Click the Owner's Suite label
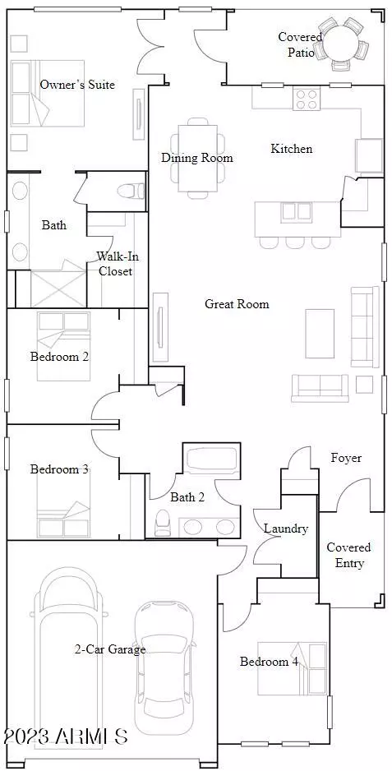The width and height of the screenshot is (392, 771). (77, 85)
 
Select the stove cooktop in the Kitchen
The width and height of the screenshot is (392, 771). (307, 99)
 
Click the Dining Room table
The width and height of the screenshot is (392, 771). (197, 158)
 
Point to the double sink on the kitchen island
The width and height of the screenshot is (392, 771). (297, 212)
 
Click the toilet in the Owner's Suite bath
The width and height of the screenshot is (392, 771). (131, 191)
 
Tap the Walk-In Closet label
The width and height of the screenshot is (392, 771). (115, 263)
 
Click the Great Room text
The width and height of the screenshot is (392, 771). (237, 304)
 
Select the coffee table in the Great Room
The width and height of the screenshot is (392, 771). (320, 334)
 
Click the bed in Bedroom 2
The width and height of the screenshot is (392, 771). (64, 347)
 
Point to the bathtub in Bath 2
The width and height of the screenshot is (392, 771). (210, 459)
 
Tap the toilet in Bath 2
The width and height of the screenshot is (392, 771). (162, 523)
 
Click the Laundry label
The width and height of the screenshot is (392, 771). (286, 529)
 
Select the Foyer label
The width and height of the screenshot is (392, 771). (346, 459)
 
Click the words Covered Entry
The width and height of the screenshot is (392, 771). (349, 555)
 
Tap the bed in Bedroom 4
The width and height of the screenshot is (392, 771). (293, 667)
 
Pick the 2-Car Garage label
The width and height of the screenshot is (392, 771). (109, 649)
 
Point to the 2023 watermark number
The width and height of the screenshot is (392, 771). (26, 736)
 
